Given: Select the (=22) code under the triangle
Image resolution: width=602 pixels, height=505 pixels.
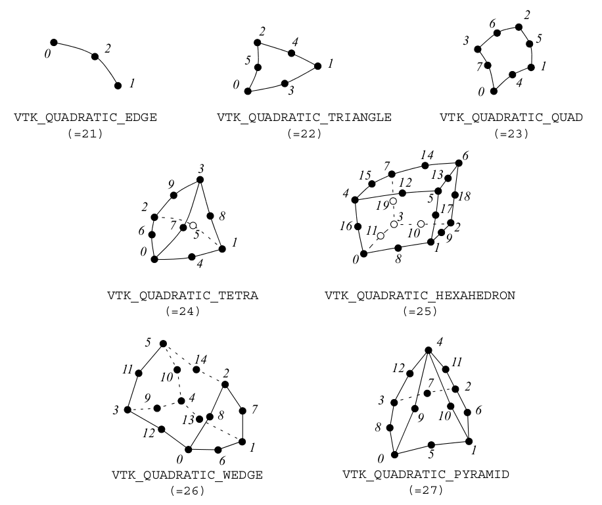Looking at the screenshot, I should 304,133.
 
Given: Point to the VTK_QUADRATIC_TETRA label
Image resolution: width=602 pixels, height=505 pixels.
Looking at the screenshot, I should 183,295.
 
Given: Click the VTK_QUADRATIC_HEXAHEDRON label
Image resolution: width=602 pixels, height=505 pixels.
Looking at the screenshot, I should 419,295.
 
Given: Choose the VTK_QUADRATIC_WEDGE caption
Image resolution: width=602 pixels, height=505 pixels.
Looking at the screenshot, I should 187,475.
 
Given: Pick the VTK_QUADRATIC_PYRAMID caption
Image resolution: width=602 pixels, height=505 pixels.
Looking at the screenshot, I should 417,475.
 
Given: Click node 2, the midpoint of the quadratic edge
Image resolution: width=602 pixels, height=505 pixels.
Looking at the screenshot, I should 95,57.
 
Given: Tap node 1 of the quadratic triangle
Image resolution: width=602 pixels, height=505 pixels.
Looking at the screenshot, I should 317,66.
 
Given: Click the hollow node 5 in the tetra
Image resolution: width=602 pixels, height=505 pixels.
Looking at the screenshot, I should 193,226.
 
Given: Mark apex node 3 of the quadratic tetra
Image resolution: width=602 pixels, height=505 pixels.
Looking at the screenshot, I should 200,180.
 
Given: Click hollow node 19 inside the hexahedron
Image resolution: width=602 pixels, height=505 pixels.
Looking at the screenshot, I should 393,201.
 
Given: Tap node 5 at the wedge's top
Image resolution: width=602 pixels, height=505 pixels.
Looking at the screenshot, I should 163,343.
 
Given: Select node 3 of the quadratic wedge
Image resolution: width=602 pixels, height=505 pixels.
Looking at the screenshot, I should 127,410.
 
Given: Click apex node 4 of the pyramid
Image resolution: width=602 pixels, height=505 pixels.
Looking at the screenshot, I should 428,350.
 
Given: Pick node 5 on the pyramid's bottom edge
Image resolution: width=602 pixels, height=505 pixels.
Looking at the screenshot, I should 431,445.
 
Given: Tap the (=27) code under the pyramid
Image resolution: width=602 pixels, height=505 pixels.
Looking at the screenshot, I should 417,491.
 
